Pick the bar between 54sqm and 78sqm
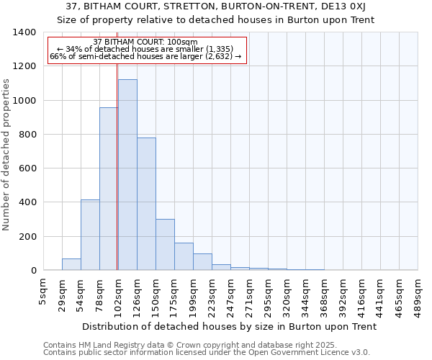(x=90, y=235)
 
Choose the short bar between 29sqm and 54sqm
(x=71, y=264)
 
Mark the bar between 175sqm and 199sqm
(x=184, y=256)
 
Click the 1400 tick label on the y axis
(x=24, y=32)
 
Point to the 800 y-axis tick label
(x=27, y=135)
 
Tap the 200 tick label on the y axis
(x=27, y=237)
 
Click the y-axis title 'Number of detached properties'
(x=6, y=164)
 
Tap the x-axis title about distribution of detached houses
(x=230, y=326)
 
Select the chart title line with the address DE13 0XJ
(x=215, y=6)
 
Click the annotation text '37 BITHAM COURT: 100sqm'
(x=145, y=42)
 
